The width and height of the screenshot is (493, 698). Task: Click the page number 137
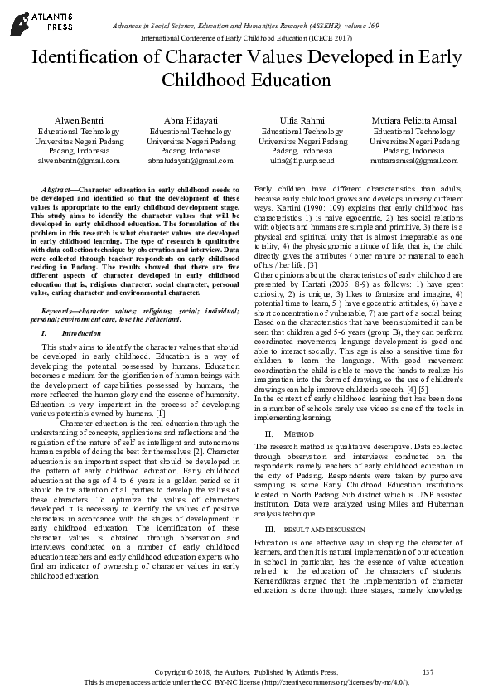[x=428, y=671]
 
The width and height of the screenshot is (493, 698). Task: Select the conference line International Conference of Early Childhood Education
[x=246, y=38]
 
